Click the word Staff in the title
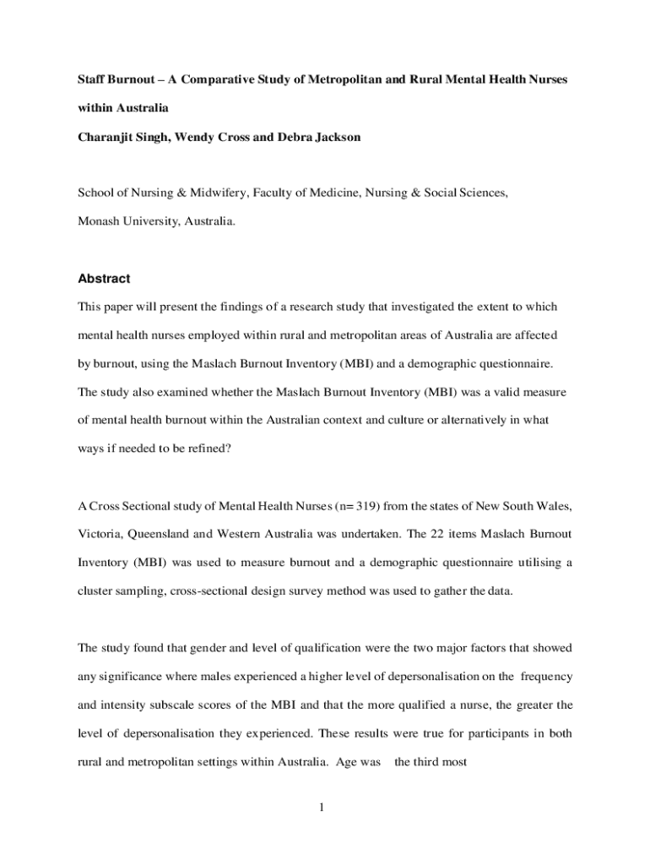(x=94, y=79)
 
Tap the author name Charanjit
(x=110, y=137)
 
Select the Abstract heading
(x=104, y=279)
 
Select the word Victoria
(x=101, y=535)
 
